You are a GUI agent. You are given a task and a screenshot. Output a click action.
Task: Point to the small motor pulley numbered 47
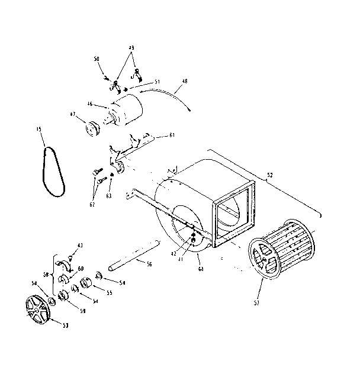tap(92, 128)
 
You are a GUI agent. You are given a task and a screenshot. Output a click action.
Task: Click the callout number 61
tap(172, 136)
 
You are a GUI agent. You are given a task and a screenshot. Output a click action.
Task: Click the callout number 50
tap(97, 59)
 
